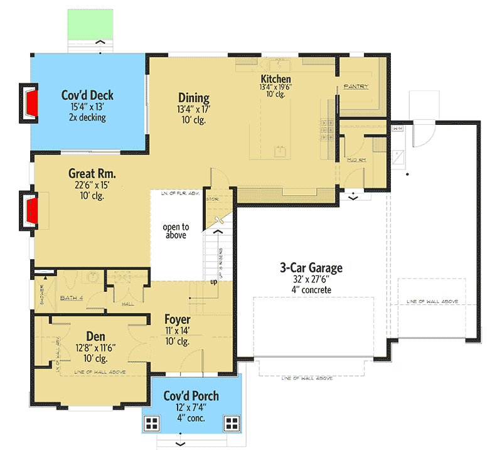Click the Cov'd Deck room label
pyautogui.click(x=87, y=95)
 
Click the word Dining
pyautogui.click(x=193, y=98)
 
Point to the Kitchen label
pyautogui.click(x=276, y=78)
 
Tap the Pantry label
pyautogui.click(x=356, y=87)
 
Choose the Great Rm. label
pyautogui.click(x=92, y=174)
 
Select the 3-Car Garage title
pyautogui.click(x=311, y=268)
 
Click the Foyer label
pyautogui.click(x=178, y=319)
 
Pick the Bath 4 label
pyautogui.click(x=72, y=298)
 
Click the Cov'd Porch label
pyautogui.click(x=191, y=396)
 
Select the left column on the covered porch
pyautogui.click(x=151, y=423)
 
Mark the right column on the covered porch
pyautogui.click(x=232, y=423)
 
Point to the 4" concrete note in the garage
pyautogui.click(x=311, y=290)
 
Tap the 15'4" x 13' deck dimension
pyautogui.click(x=87, y=107)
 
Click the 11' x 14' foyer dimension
pyautogui.click(x=178, y=331)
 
